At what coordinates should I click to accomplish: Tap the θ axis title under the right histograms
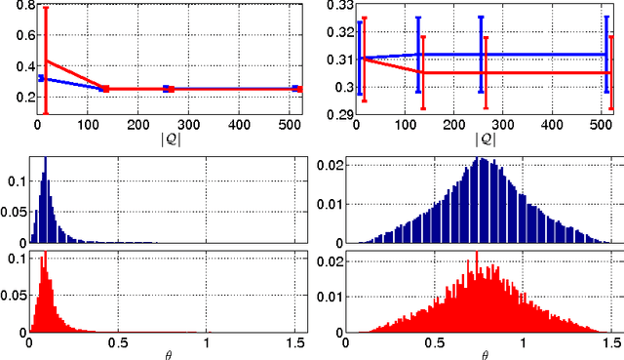point(485,353)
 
